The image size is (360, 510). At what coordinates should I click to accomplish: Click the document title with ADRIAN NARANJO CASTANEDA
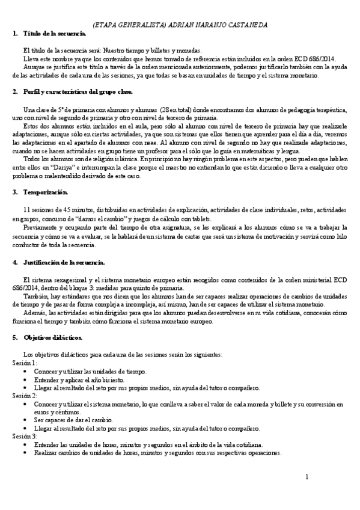181,24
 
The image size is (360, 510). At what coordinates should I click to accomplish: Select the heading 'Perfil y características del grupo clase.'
78,91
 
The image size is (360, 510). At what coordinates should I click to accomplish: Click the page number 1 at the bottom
307,478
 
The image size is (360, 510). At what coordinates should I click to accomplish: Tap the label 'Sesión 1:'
25,364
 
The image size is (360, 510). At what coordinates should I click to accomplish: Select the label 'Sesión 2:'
25,396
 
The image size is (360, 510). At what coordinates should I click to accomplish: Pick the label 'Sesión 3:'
25,436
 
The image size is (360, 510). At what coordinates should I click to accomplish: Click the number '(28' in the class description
168,109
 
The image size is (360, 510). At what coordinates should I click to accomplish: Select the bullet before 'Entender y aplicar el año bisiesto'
24,380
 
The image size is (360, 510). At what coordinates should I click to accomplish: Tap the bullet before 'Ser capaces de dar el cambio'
24,420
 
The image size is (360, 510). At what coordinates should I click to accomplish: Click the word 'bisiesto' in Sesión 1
109,380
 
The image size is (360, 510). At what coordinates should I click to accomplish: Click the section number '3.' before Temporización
15,192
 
